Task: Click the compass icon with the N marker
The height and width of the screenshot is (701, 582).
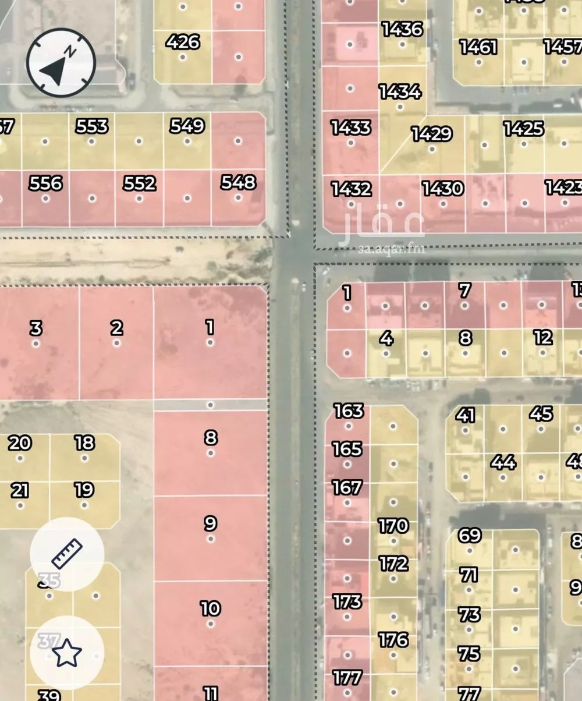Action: [x=61, y=62]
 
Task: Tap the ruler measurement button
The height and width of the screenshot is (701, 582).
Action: [x=67, y=554]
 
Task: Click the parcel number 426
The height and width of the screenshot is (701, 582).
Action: [x=183, y=42]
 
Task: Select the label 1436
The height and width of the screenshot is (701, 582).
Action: [x=402, y=29]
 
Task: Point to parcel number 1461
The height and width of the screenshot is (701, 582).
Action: [x=478, y=47]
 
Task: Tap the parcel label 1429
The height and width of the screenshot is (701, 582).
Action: [x=431, y=134]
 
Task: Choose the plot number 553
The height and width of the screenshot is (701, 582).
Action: [x=92, y=126]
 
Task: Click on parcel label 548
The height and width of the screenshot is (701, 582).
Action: [x=238, y=182]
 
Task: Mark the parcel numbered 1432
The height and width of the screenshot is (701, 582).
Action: [x=351, y=189]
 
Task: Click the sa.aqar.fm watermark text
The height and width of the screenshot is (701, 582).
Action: [x=391, y=250]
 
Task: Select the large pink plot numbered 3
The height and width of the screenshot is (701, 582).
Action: [x=36, y=328]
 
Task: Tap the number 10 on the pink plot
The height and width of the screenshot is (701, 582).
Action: [x=210, y=608]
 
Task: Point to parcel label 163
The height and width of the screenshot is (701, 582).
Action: [x=349, y=411]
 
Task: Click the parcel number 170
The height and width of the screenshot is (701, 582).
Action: [x=393, y=526]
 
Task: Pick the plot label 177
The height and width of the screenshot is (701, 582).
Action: [x=347, y=678]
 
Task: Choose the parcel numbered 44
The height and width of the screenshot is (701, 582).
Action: [x=503, y=463]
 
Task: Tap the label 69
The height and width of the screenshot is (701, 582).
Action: [x=469, y=535]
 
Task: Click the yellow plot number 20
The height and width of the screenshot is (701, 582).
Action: [x=20, y=443]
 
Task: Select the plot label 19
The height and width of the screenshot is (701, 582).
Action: [x=84, y=490]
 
